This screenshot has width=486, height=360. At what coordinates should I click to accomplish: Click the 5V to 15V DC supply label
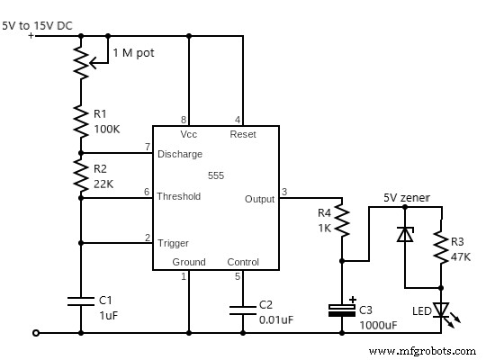(38, 25)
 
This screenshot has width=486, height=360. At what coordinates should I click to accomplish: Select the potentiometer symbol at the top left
(81, 61)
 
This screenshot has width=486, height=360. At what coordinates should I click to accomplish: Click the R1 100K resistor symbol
(81, 121)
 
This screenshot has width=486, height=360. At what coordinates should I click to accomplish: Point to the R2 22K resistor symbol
(81, 175)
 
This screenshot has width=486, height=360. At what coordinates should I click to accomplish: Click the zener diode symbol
(405, 234)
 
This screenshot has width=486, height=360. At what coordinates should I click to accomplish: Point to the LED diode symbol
(441, 310)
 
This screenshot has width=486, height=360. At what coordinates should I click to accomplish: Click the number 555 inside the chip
(216, 175)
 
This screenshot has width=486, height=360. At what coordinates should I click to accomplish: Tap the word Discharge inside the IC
(179, 154)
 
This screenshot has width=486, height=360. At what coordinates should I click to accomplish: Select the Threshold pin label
(179, 196)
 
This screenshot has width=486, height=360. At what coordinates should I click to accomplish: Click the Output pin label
(259, 199)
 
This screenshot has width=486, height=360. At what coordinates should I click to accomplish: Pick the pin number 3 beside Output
(284, 191)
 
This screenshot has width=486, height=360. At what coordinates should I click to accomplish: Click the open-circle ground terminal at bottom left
(35, 333)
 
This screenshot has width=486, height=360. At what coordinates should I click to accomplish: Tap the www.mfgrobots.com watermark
(421, 350)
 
